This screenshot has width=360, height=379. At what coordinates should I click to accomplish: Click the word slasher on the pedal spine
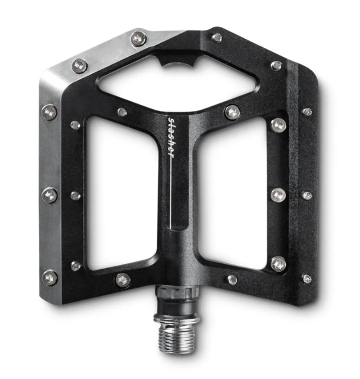pos(171,138)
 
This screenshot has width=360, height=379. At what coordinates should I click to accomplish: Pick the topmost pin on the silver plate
pos(138,38)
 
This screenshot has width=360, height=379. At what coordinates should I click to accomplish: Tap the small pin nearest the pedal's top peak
pos(217,38)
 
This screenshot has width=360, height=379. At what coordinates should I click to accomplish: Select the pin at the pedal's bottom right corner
pos(306,279)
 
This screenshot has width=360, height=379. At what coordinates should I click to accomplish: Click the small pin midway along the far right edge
pos(306,195)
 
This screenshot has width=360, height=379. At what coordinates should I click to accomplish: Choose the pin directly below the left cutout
pos(122,280)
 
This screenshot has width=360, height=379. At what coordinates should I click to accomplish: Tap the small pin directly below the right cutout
pos(232,280)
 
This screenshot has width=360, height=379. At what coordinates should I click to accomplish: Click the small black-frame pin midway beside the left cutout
pos(76,195)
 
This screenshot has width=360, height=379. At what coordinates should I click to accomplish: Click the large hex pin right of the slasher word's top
pos(232,112)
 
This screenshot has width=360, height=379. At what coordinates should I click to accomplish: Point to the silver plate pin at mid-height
pos(50,195)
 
